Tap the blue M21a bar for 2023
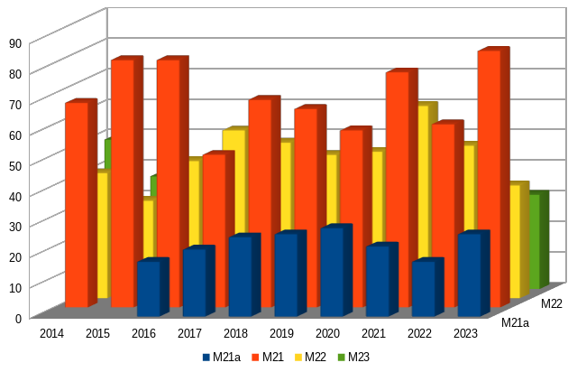[469, 274]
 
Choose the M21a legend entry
[221, 357]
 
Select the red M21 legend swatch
[254, 357]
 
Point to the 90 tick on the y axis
[14, 42]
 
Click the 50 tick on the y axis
[14, 164]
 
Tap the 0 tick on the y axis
[16, 317]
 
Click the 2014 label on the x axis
[51, 334]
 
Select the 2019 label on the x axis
[281, 334]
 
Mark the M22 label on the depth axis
[552, 304]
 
